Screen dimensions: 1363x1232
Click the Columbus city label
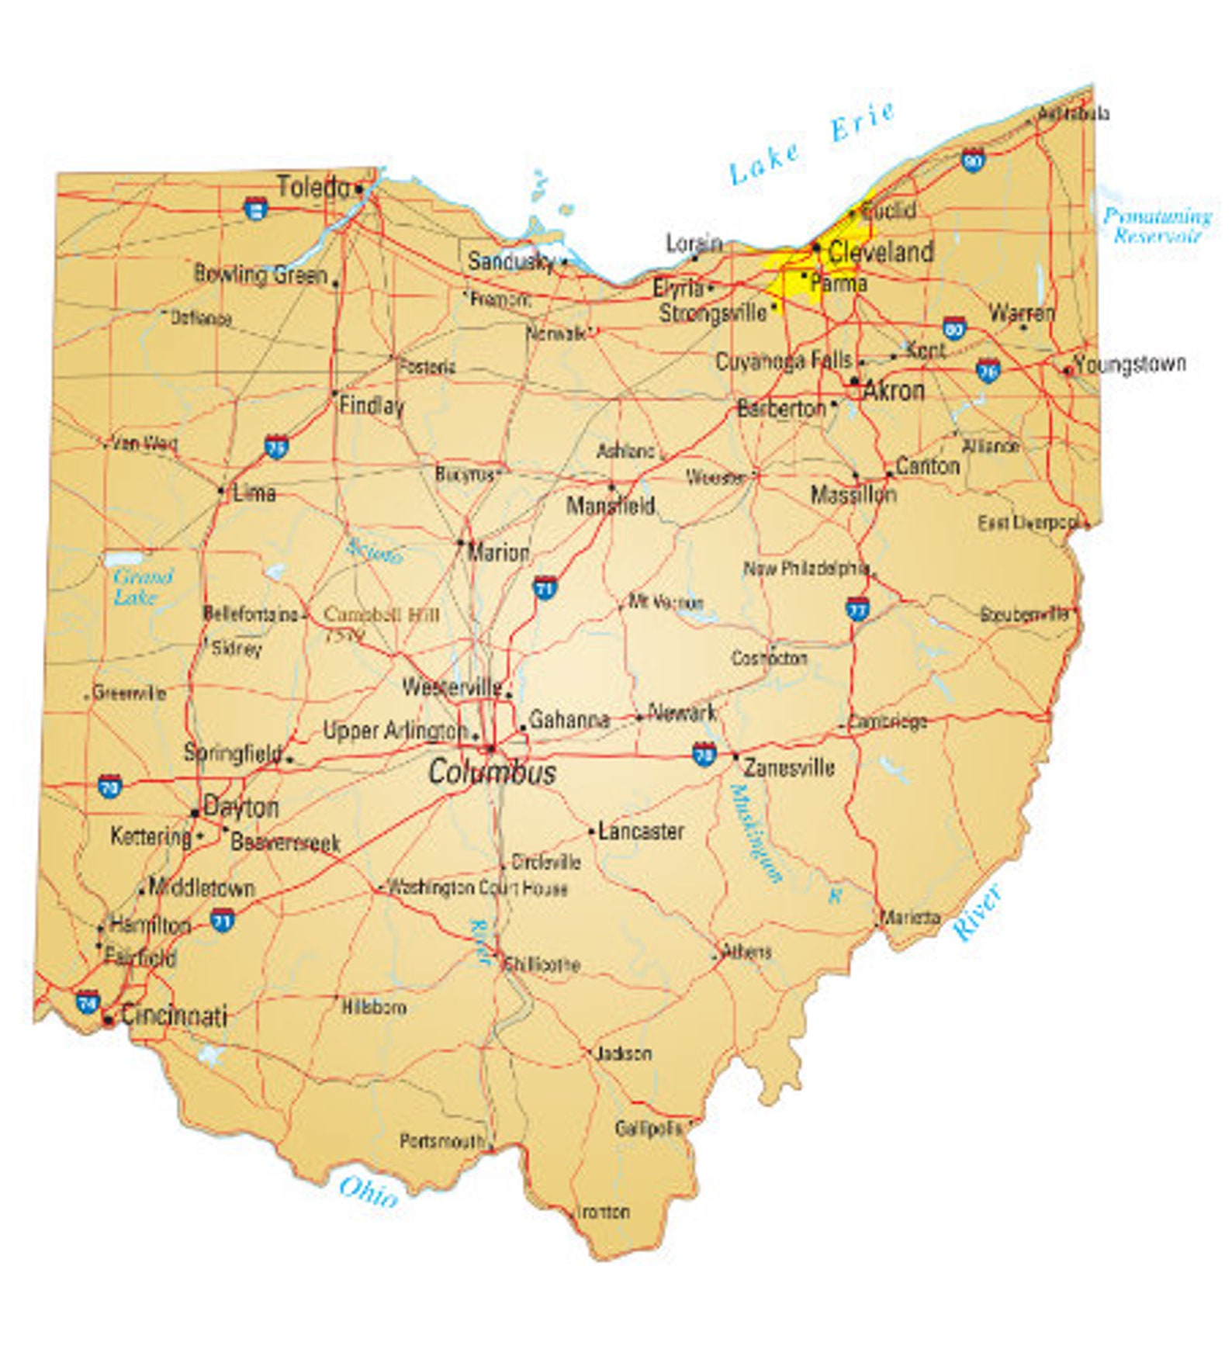pos(492,772)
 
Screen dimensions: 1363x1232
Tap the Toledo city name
pos(313,187)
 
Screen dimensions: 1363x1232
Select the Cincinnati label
pos(174,1015)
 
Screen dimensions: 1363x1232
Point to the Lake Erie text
pos(811,143)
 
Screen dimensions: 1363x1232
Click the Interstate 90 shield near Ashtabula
pos(972,159)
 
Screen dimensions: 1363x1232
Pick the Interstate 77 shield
pos(857,608)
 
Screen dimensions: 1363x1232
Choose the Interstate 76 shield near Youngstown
pos(987,370)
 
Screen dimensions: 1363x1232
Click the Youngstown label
pos(1130,364)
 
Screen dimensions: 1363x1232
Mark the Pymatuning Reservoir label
pos(1157,225)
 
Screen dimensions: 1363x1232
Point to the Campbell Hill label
pos(381,615)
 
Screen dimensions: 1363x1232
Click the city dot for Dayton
pos(195,813)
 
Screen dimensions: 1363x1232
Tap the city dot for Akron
pos(854,381)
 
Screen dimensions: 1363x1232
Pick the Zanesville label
pos(789,768)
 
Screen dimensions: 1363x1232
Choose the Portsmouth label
pos(441,1141)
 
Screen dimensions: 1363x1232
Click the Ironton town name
pos(603,1212)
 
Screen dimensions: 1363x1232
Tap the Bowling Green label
pos(260,274)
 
